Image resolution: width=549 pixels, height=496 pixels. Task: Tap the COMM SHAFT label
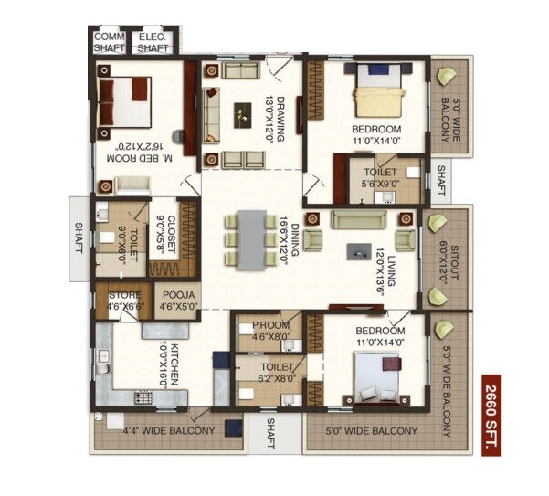click(x=110, y=42)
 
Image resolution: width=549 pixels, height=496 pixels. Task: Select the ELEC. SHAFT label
click(x=153, y=42)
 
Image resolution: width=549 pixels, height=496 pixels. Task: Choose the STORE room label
click(x=124, y=301)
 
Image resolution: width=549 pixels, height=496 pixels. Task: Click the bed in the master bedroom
click(x=123, y=100)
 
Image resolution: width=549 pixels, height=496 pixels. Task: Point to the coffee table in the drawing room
click(x=242, y=113)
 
